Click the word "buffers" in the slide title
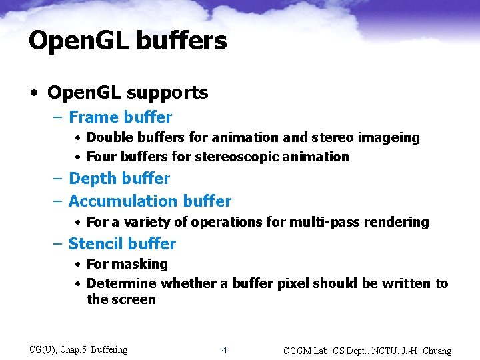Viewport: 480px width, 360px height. click(x=181, y=41)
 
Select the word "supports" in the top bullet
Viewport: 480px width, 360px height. click(x=173, y=93)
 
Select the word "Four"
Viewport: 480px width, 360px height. click(x=101, y=157)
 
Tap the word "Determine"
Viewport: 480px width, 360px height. click(x=122, y=283)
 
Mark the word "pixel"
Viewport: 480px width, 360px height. click(x=291, y=283)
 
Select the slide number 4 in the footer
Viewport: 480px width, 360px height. click(x=225, y=350)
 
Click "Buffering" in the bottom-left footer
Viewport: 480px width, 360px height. click(x=109, y=349)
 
